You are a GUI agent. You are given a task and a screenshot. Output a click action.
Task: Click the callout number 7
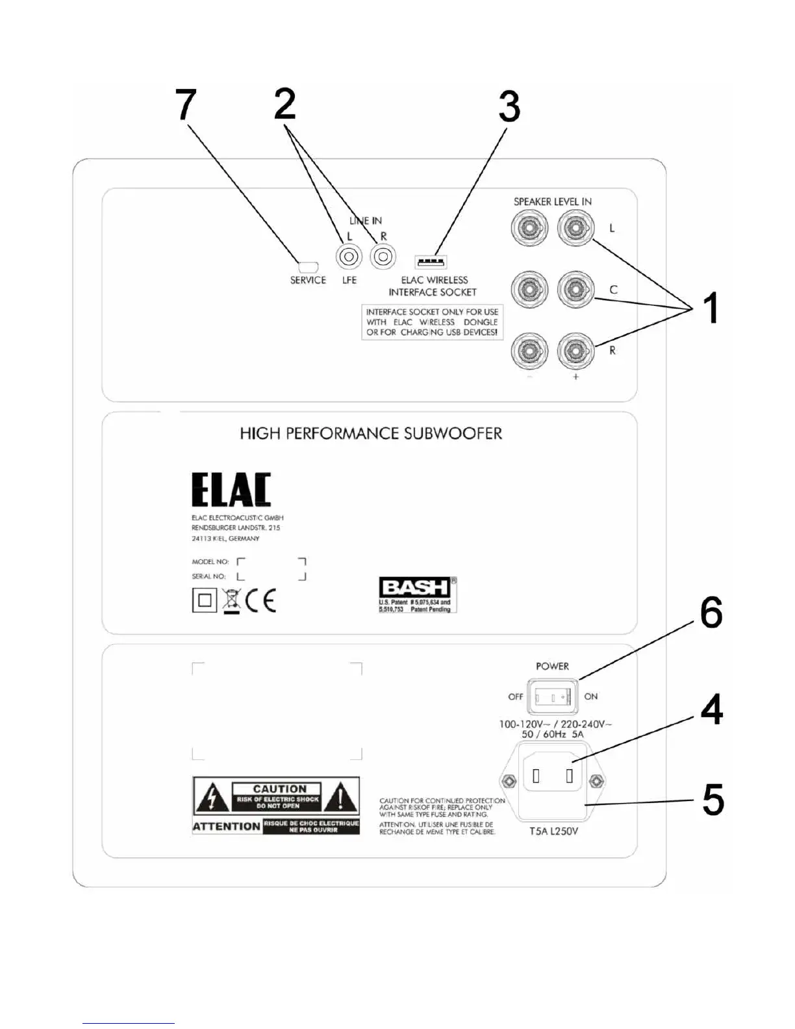[186, 105]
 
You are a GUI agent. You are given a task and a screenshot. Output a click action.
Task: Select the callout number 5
[713, 799]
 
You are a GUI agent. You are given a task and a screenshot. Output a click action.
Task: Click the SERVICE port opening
[307, 266]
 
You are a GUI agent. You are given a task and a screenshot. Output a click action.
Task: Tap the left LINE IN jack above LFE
[349, 257]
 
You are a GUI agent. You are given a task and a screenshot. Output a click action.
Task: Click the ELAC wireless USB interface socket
[431, 262]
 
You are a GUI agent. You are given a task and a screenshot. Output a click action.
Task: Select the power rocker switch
[552, 697]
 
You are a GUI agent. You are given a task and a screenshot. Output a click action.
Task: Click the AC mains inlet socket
[553, 776]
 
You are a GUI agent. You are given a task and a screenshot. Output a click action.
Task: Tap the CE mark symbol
[261, 600]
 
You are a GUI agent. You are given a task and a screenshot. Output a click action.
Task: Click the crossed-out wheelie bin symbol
[231, 600]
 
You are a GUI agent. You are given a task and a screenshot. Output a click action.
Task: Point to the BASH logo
[414, 588]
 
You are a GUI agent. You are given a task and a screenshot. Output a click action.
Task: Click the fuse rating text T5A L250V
[553, 832]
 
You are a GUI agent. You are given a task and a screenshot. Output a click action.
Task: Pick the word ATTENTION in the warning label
[227, 826]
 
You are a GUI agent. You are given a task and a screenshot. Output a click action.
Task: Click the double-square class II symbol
[204, 600]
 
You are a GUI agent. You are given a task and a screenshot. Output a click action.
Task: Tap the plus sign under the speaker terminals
[575, 377]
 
